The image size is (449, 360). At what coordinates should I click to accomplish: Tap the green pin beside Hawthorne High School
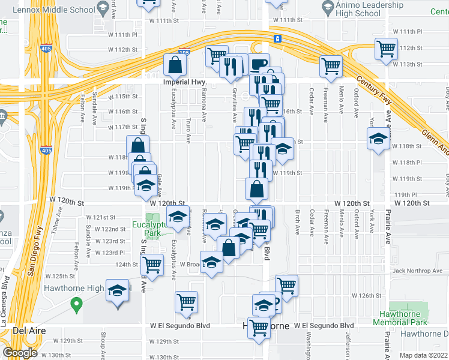pyautogui.click(x=76, y=305)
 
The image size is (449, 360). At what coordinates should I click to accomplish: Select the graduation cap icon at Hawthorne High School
pyautogui.click(x=118, y=291)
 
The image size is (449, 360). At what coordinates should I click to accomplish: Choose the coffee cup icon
pyautogui.click(x=259, y=64)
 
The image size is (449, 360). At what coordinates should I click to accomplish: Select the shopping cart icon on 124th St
pyautogui.click(x=152, y=263)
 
